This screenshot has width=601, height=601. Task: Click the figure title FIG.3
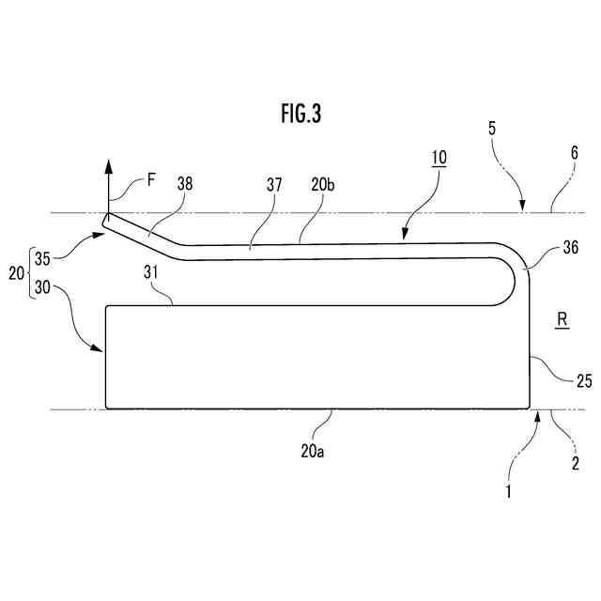pos(300,115)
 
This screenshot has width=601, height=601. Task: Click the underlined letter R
pos(561,320)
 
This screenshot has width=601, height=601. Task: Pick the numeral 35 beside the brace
pos(42,254)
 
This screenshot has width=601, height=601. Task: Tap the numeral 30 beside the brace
pos(42,288)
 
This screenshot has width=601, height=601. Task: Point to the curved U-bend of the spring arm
pos(516,272)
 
